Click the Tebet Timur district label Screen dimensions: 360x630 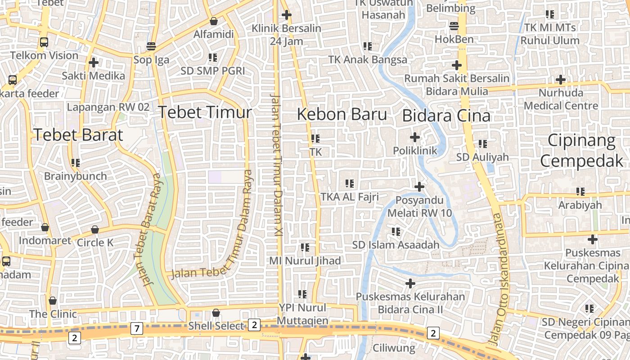[x=204, y=112]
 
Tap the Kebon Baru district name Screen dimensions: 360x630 [x=342, y=115]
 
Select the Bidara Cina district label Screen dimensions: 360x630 [x=446, y=116]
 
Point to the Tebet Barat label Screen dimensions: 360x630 [x=78, y=135]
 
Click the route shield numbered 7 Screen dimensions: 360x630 [x=137, y=329]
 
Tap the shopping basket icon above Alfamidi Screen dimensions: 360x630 [x=214, y=21]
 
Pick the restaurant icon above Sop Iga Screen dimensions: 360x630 [x=151, y=46]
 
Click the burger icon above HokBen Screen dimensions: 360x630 [x=454, y=26]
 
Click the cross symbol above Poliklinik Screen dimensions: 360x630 [x=415, y=137]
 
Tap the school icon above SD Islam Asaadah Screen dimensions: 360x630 [x=396, y=232]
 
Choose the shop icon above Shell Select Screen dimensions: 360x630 [x=216, y=312]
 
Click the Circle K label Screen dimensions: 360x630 [x=95, y=243]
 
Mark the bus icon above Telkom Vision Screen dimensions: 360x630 [x=44, y=42]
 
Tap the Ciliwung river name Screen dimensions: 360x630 [x=394, y=348]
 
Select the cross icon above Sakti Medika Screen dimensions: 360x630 [x=94, y=62]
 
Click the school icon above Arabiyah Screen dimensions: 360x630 [x=580, y=192]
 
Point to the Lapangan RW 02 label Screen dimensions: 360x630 [x=108, y=107]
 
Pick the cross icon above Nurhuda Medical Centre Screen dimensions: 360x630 [x=560, y=80]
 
